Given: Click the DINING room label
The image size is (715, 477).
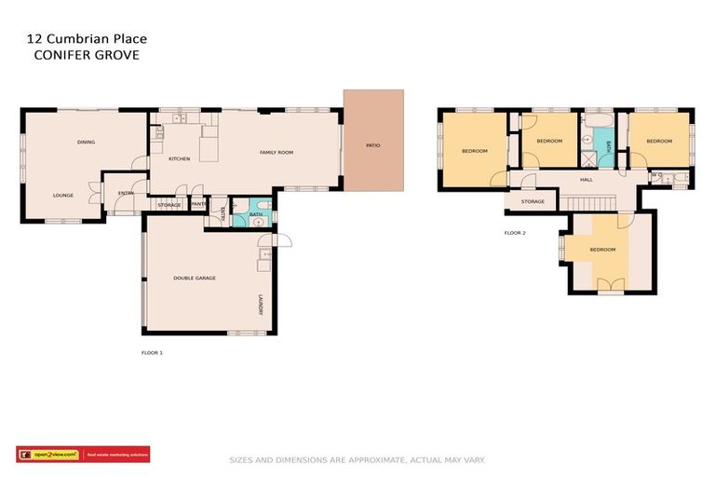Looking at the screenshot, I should (x=86, y=142).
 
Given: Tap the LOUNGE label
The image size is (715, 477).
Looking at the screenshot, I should (x=63, y=195).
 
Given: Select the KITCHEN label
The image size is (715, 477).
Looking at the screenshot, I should (x=180, y=159).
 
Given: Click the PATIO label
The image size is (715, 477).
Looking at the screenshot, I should (x=372, y=145).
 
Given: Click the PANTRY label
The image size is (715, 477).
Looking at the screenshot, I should (x=198, y=204).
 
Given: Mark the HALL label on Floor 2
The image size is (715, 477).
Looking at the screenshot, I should (x=586, y=179).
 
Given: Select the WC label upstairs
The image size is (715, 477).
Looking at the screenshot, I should (x=656, y=174).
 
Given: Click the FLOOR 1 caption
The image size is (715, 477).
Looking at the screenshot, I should (x=152, y=353).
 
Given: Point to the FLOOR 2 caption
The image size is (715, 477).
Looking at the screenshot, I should (x=515, y=232).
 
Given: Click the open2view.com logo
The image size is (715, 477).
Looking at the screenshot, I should (x=49, y=455).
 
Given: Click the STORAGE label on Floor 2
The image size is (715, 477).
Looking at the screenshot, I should (x=533, y=201).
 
